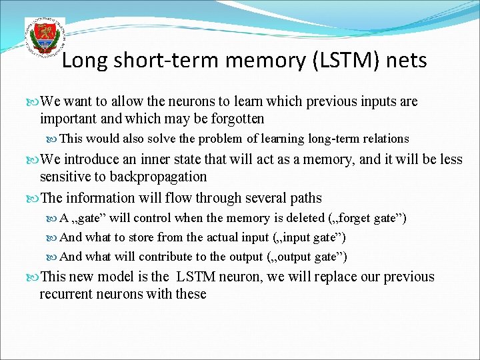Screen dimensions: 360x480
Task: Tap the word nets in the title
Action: [405, 61]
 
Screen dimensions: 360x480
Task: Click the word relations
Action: [385, 139]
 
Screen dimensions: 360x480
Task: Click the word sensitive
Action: [65, 177]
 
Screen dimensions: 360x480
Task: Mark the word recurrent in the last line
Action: [67, 294]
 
